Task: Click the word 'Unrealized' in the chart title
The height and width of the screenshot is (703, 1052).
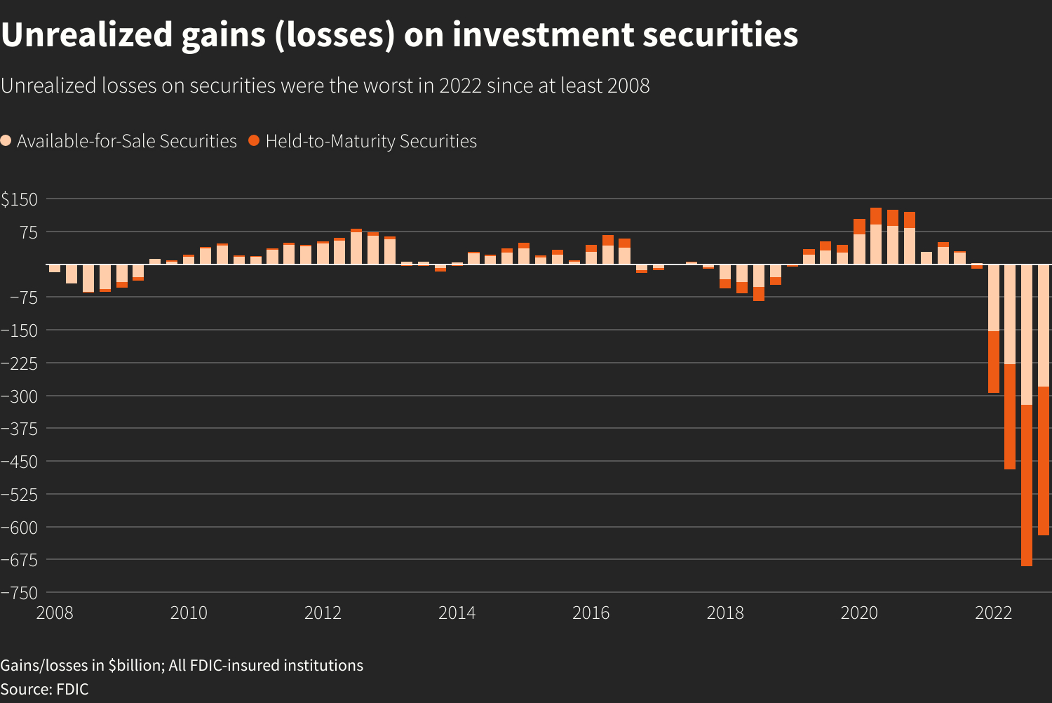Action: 86,35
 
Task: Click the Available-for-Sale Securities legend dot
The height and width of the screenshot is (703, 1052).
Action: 6,140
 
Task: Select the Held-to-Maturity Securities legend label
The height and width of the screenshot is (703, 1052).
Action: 371,141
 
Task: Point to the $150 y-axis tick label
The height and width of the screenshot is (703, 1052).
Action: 19,199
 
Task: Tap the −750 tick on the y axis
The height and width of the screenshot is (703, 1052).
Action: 19,593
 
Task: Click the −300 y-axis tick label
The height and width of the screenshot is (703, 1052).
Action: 19,396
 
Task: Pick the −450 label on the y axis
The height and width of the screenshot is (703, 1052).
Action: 19,462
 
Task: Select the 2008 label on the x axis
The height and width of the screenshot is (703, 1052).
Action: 55,613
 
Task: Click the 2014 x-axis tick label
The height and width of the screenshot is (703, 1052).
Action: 457,613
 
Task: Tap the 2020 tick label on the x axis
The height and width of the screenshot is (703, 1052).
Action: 859,613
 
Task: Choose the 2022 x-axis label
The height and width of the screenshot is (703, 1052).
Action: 993,613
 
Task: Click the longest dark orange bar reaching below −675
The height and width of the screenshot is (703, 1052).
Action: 1027,484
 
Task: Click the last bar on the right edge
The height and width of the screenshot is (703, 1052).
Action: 1044,400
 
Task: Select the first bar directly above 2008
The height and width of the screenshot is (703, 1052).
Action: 54,268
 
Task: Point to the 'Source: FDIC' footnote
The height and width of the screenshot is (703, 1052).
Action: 45,689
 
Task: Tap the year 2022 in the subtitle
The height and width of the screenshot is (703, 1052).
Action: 460,86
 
